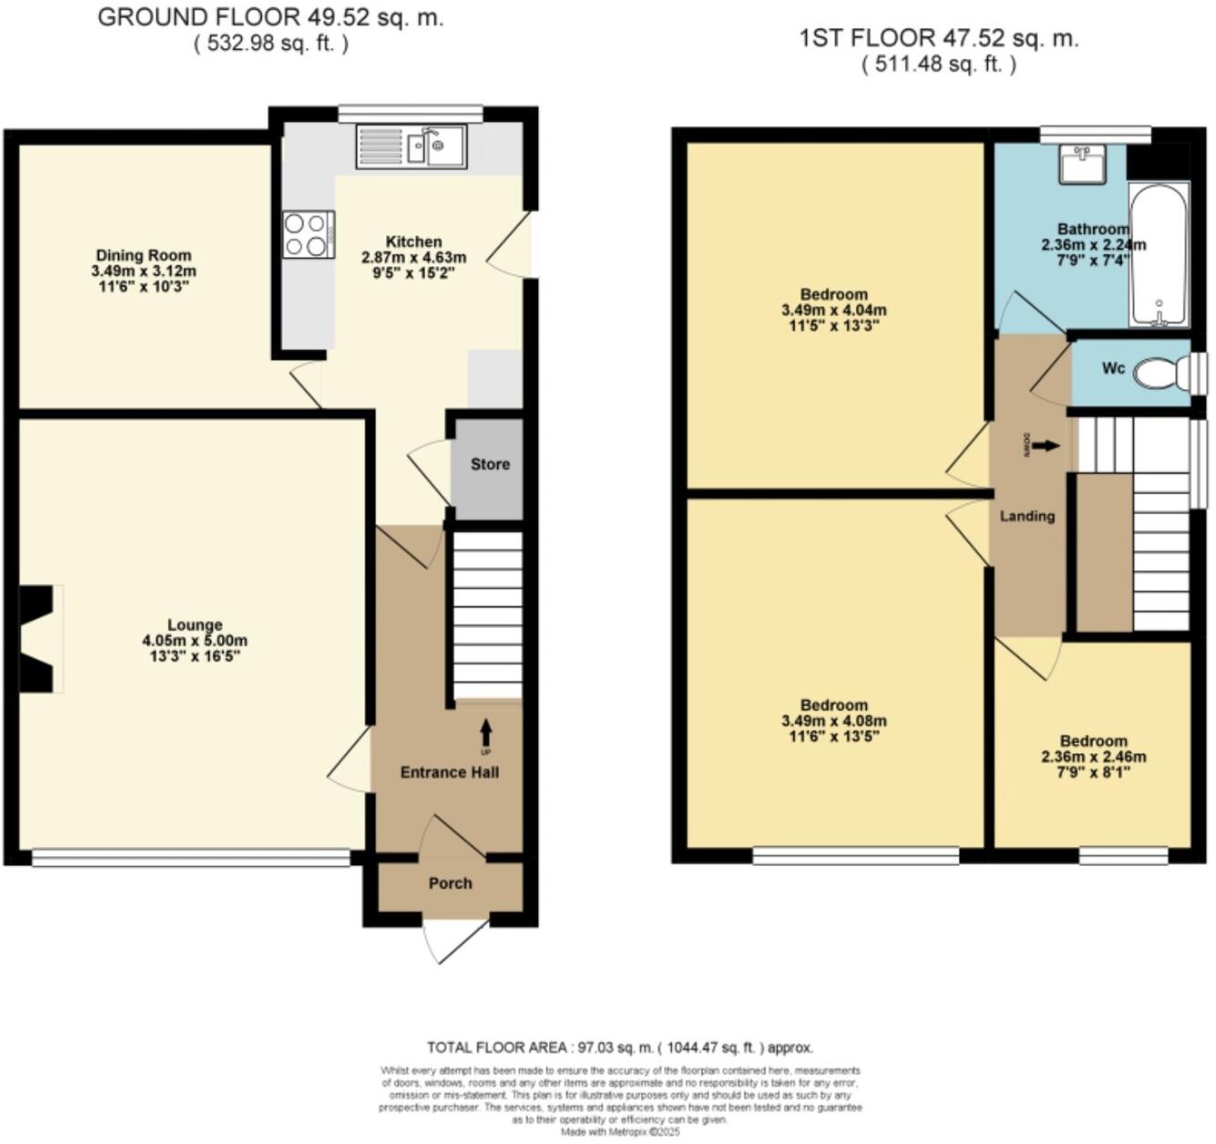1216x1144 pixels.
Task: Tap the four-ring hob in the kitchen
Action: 308,234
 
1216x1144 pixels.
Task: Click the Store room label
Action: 490,464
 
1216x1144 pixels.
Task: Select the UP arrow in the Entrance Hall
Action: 485,731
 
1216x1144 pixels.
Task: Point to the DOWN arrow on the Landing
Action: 1046,445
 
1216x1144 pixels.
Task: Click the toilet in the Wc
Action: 1160,372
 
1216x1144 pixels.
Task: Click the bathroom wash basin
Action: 1081,164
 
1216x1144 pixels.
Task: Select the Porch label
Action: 451,883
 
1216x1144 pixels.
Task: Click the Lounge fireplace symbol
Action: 40,640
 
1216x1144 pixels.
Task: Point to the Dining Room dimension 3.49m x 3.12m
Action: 144,272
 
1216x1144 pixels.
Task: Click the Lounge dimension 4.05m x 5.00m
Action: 194,641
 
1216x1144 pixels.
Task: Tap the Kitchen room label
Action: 414,242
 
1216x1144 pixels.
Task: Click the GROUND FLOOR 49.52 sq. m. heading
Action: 270,18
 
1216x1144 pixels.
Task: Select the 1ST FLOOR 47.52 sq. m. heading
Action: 938,38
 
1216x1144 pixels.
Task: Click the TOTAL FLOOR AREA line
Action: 620,1048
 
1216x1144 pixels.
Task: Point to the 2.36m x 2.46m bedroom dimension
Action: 1093,757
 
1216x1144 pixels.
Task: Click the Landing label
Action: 1027,516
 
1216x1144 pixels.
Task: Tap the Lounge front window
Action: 191,857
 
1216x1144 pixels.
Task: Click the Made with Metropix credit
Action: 620,1132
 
